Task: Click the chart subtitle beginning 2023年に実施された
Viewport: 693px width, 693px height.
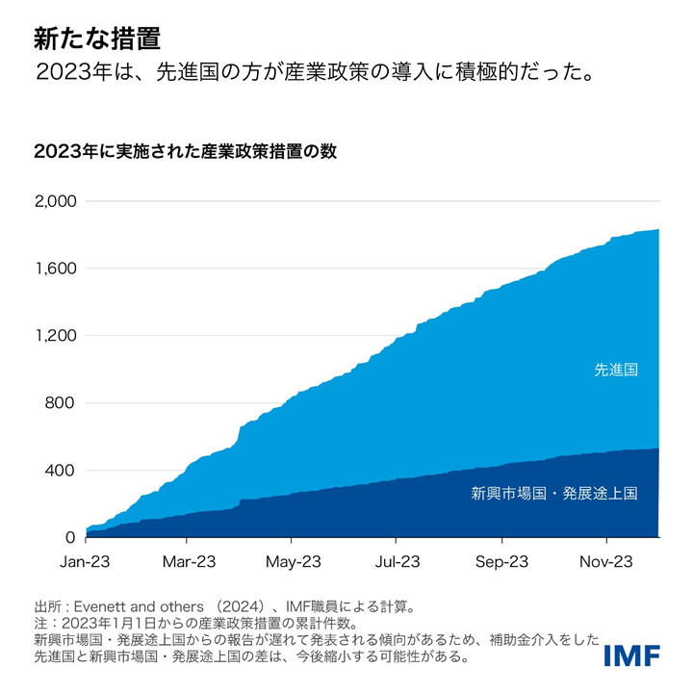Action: [185, 152]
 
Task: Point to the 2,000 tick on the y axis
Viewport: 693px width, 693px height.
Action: [55, 201]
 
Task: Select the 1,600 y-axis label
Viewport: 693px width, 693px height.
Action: [55, 269]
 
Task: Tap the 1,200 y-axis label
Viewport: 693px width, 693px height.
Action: [55, 336]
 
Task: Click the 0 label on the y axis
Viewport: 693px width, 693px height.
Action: [71, 537]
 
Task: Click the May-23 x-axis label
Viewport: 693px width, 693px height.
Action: [294, 561]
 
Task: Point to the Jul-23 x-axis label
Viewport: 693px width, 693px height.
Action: [398, 561]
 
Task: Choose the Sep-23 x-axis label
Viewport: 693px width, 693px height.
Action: [501, 561]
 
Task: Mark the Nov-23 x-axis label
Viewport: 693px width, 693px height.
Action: [605, 561]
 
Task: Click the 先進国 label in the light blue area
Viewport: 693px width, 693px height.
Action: [616, 369]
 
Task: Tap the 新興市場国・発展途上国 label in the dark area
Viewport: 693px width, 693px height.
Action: [554, 494]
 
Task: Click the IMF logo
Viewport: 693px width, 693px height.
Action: [631, 656]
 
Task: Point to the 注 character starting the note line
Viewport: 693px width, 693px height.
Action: [39, 624]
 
